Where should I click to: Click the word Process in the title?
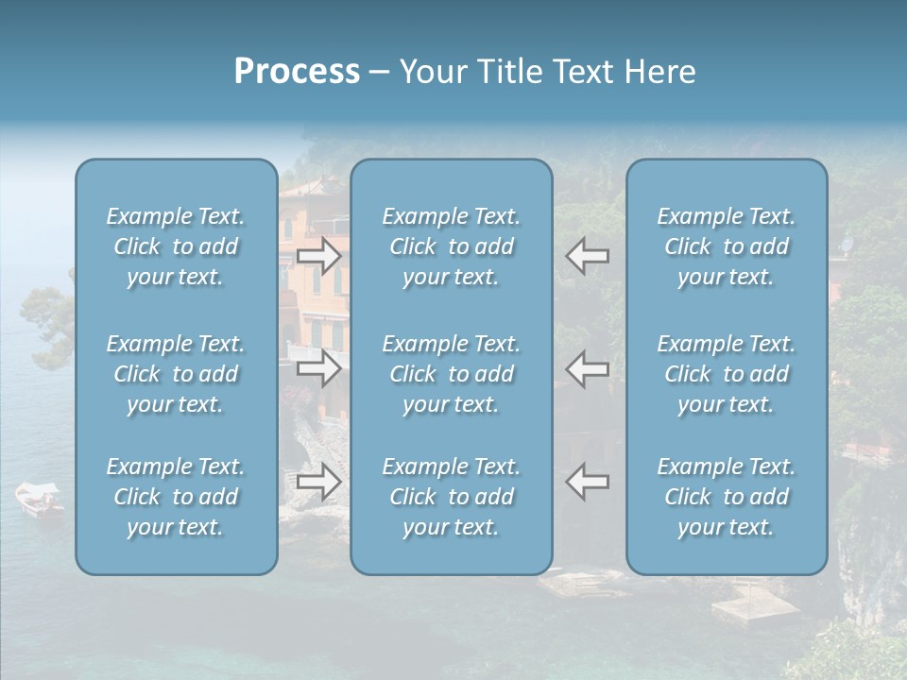click(x=297, y=72)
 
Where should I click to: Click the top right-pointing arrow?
click(x=318, y=254)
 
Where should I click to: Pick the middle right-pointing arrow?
click(x=318, y=367)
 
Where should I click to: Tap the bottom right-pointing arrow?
click(x=318, y=482)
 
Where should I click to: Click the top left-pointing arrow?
click(x=588, y=254)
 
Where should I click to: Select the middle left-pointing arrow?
click(x=588, y=367)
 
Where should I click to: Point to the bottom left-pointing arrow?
click(x=588, y=482)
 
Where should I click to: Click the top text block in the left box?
click(x=176, y=246)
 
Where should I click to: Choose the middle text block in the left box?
click(x=176, y=374)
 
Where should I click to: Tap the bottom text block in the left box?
click(x=176, y=497)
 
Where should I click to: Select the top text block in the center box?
click(x=452, y=246)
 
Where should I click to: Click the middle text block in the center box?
click(x=452, y=374)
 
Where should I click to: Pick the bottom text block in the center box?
click(x=452, y=497)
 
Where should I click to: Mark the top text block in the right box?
click(x=727, y=246)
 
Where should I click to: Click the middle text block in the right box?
click(x=727, y=374)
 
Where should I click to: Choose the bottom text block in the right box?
click(x=727, y=497)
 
